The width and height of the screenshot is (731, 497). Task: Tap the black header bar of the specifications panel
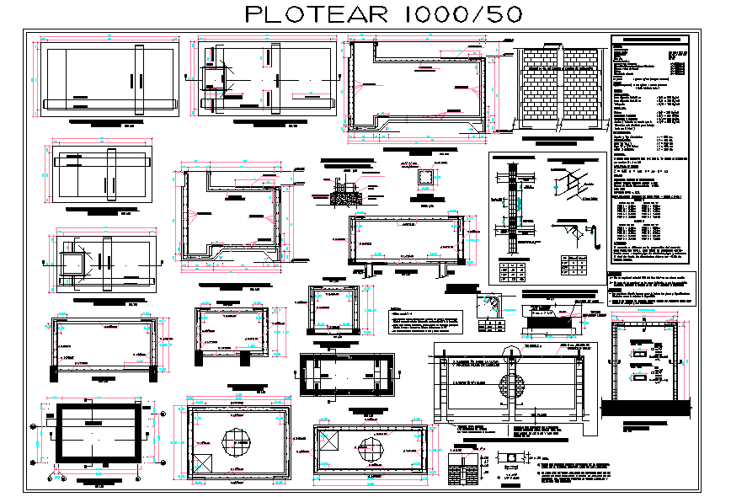pyautogui.click(x=654, y=39)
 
